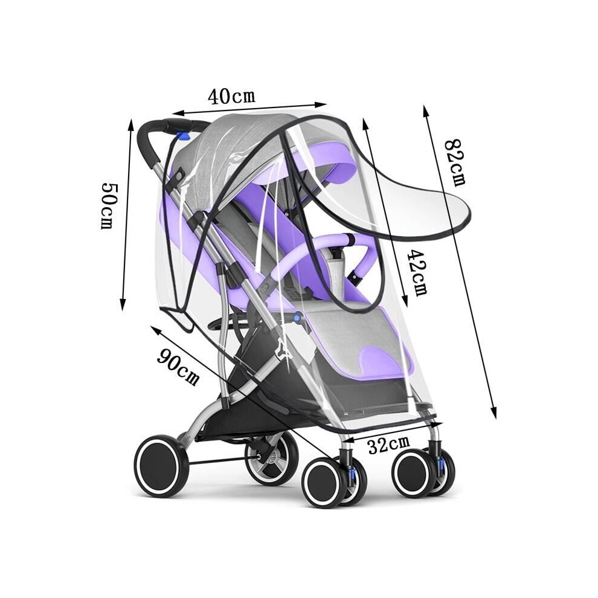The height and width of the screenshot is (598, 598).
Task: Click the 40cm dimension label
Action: [x=231, y=97]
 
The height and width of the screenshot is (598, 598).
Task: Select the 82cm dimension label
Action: [x=457, y=162]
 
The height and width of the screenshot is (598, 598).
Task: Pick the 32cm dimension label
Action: [x=388, y=445]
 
